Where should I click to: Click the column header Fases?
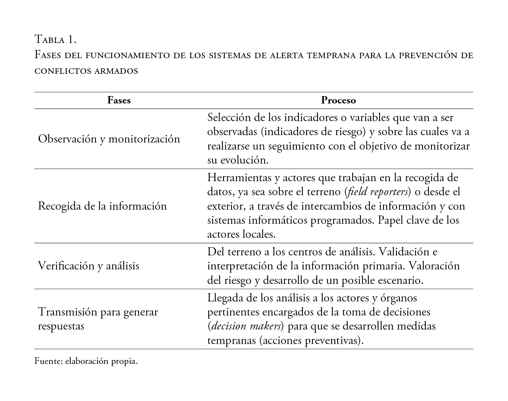(x=119, y=100)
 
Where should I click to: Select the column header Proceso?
(x=338, y=100)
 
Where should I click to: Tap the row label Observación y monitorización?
(x=109, y=139)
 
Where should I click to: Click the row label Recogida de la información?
(x=102, y=206)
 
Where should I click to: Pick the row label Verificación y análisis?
(x=89, y=266)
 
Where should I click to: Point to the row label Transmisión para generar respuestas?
(x=98, y=319)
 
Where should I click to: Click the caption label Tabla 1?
(x=55, y=39)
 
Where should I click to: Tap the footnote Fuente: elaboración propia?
(x=86, y=361)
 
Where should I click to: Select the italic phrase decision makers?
(x=246, y=326)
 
